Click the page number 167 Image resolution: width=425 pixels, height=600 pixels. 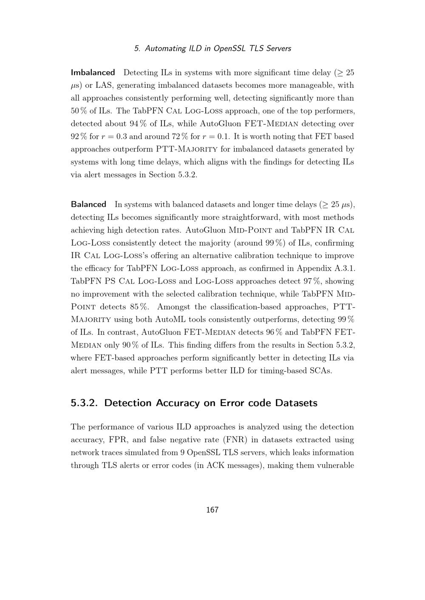click(212, 510)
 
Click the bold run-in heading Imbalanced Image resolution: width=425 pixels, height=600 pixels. click(93, 73)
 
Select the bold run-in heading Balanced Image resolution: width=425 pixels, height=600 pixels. click(88, 205)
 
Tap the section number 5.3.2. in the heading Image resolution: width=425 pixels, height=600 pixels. click(85, 403)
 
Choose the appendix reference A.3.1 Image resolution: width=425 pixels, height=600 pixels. click(343, 269)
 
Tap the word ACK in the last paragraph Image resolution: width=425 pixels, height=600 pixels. click(216, 465)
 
